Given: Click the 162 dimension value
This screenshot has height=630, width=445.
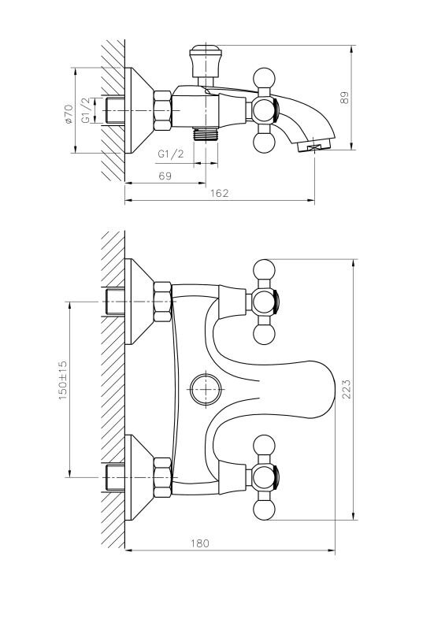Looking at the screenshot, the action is [219, 193].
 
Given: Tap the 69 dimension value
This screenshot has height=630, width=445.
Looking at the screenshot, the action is [165, 176].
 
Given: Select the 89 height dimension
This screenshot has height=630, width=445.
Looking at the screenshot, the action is [345, 98].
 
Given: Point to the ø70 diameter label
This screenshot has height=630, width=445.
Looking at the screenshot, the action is [68, 114].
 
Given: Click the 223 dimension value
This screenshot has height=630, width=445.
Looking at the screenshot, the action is [346, 389].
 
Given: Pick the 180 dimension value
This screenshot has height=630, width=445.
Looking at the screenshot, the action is [200, 543].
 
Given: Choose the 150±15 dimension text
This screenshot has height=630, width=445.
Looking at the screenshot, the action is [63, 380].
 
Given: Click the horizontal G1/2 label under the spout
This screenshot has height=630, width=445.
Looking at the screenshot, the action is [170, 154].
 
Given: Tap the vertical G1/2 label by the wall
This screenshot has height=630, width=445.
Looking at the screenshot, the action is [86, 110].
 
